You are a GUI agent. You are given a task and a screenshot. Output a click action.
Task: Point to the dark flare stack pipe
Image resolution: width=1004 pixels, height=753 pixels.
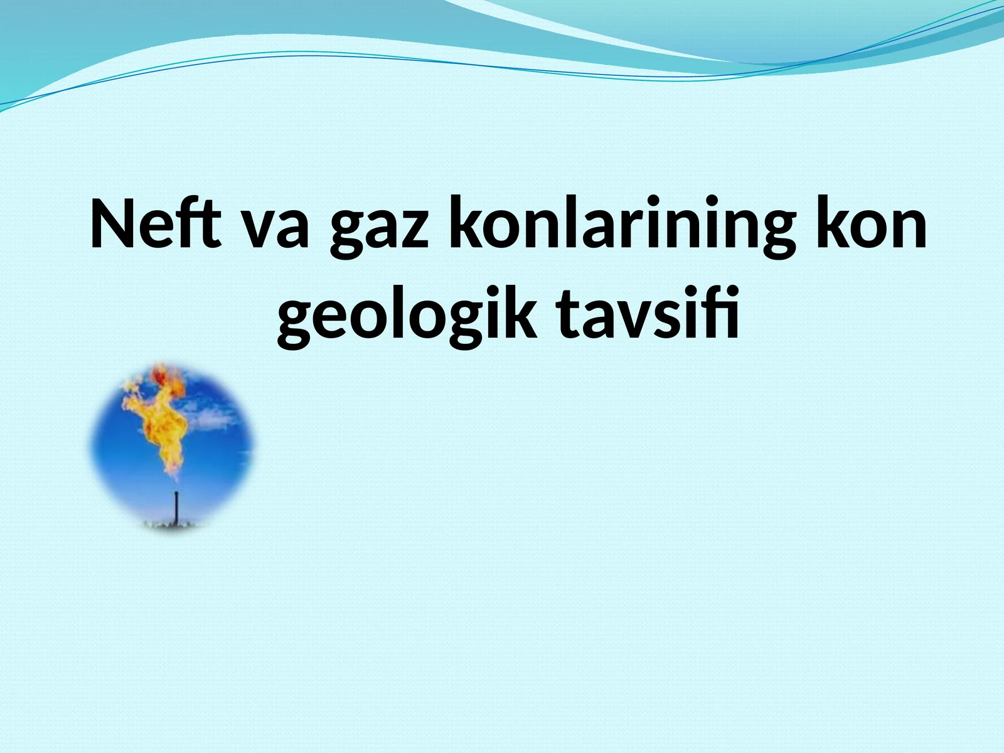[x=176, y=506]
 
